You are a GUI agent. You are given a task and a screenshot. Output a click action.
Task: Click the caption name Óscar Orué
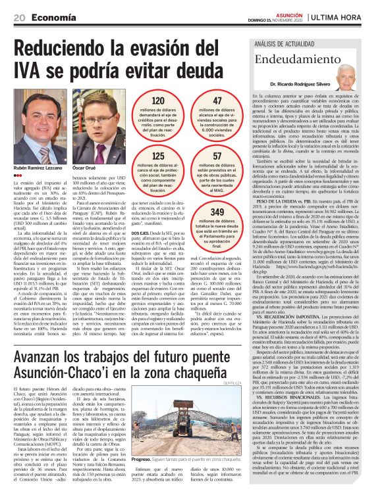click(85, 170)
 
